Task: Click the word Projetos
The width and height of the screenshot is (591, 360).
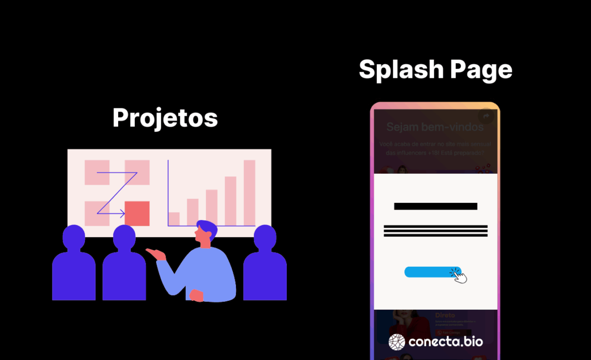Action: [165, 118]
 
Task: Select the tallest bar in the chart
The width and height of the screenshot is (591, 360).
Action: [249, 192]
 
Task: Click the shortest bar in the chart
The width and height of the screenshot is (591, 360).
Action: [174, 219]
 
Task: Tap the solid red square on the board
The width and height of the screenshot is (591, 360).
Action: [137, 214]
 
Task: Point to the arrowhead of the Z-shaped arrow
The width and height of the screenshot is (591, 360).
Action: [122, 213]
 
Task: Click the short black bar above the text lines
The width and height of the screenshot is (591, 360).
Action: [435, 206]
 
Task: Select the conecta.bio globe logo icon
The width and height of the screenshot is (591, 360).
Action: [397, 342]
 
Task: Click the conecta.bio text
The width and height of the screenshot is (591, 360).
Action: [446, 342]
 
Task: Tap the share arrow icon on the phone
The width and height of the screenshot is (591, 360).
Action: [486, 116]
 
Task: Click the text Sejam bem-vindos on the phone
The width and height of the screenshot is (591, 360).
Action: [435, 127]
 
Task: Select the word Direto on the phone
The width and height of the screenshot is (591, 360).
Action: [445, 315]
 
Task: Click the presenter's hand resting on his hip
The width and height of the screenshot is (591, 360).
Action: [196, 295]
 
